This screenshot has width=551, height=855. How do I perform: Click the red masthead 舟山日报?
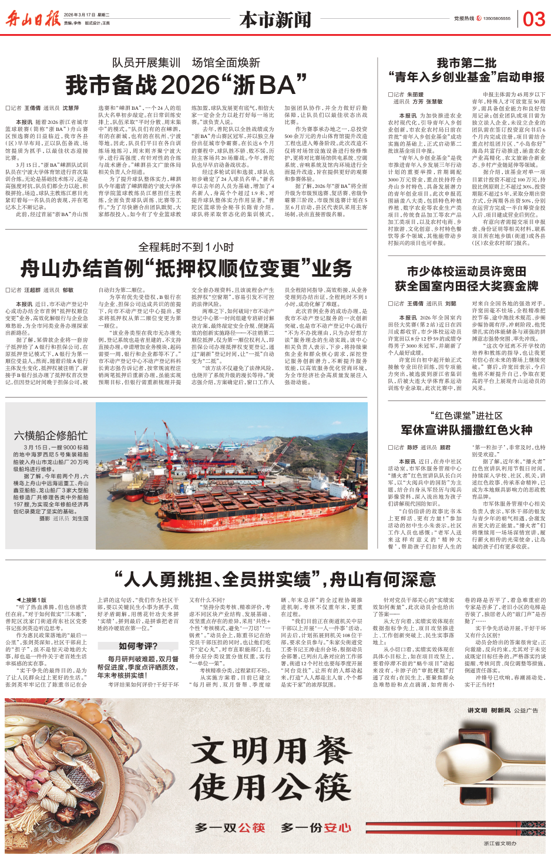(33, 19)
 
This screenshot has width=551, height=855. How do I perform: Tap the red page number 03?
(533, 19)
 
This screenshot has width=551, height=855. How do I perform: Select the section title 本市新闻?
(275, 20)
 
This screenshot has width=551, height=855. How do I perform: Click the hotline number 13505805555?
(496, 19)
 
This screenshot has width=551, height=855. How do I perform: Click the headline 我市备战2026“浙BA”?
(186, 86)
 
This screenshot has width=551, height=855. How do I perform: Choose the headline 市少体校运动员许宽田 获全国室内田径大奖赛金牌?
(466, 279)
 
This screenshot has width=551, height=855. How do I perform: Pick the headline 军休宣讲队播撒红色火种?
(466, 430)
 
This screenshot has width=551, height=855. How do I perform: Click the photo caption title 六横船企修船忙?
(51, 436)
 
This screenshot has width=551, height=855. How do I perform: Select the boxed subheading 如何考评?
(138, 646)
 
